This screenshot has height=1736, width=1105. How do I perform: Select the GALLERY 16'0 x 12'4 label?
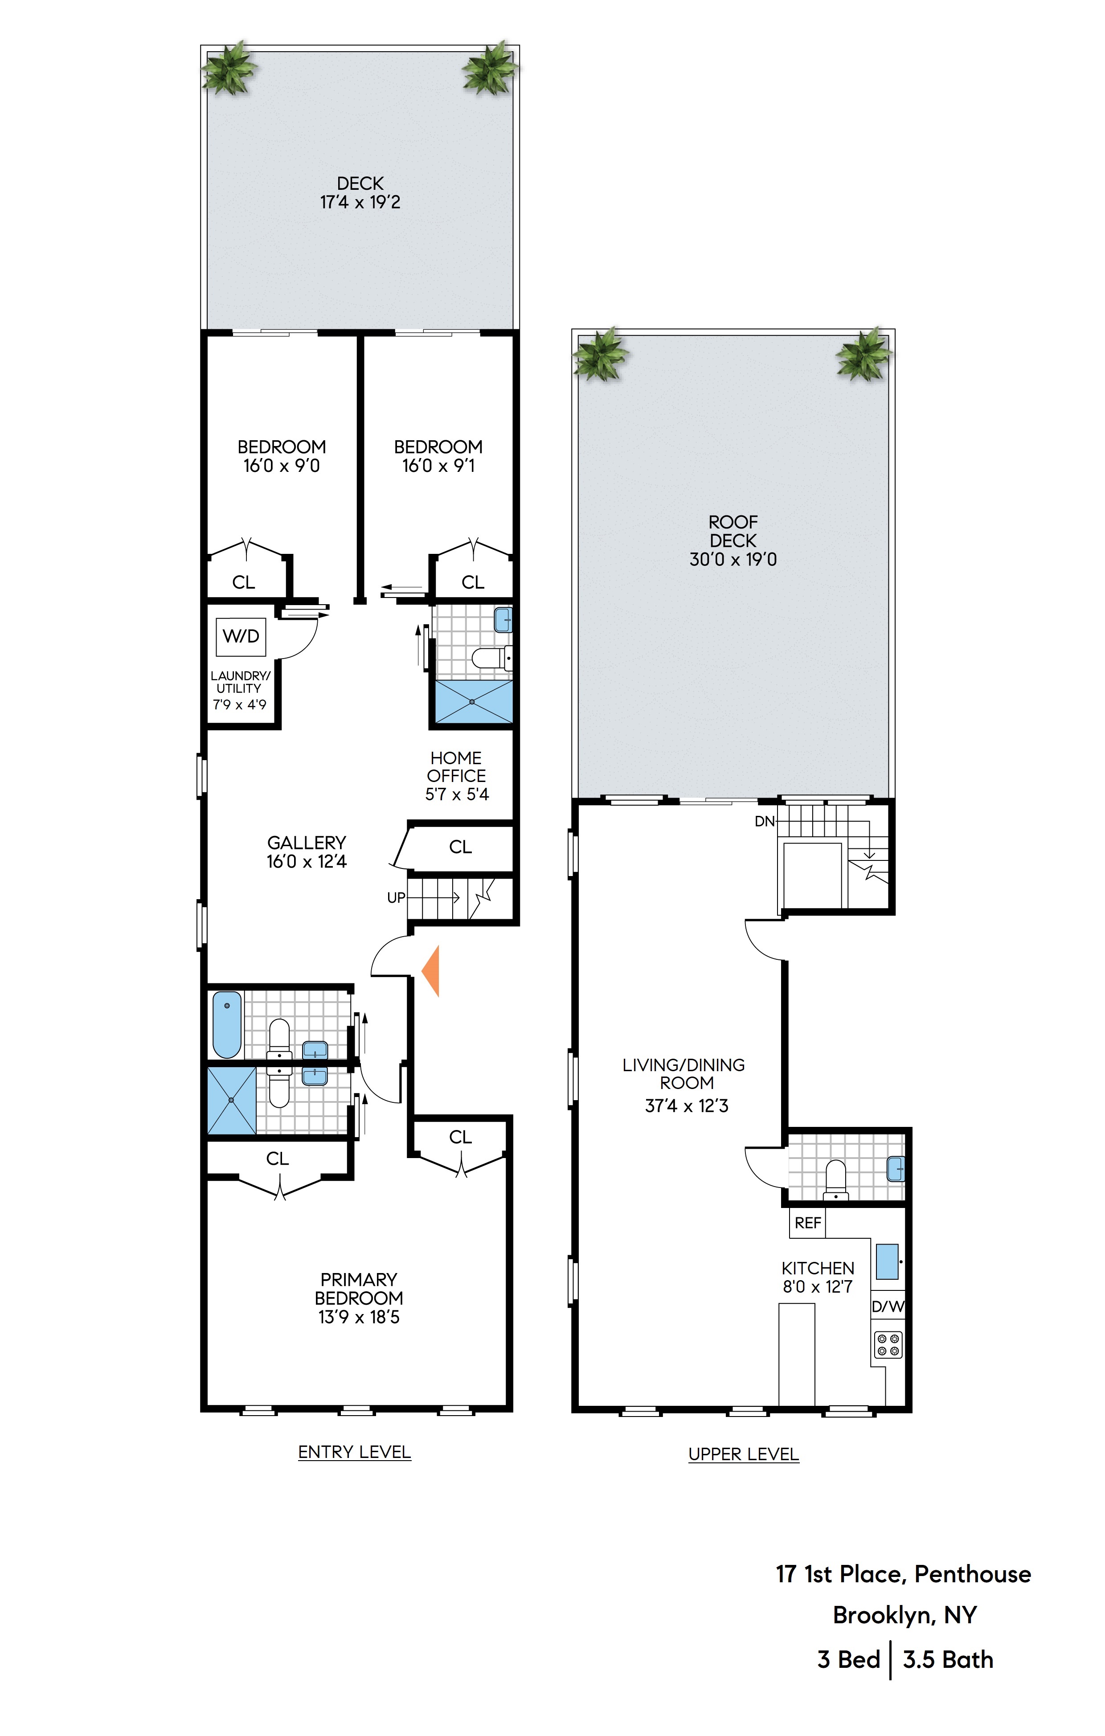tap(307, 852)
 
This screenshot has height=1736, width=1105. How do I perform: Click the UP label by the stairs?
tap(396, 897)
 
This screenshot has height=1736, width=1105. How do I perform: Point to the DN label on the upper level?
tap(764, 821)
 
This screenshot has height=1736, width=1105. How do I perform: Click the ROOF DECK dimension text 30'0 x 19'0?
tap(733, 560)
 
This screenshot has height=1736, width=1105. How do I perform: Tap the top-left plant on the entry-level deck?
tap(229, 69)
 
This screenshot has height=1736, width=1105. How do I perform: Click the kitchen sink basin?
tap(887, 1261)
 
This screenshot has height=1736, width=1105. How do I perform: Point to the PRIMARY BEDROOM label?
tap(359, 1298)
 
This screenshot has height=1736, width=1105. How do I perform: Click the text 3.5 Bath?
tap(947, 1659)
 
